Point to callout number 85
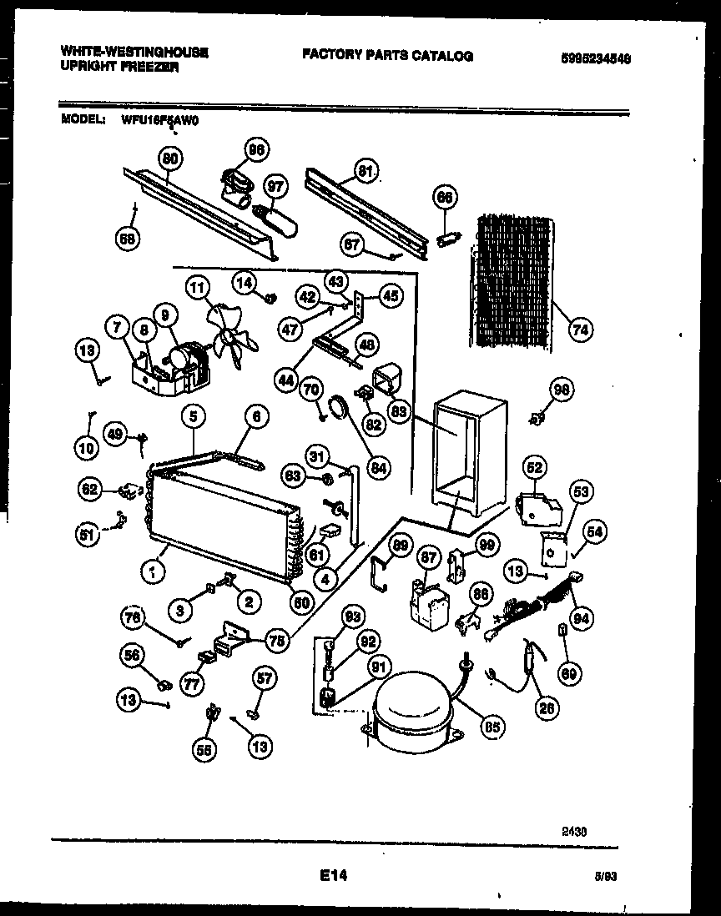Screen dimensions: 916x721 (492, 726)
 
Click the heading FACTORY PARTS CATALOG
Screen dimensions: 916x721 (387, 56)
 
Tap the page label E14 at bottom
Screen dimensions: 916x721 (332, 876)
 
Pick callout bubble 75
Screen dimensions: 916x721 (275, 641)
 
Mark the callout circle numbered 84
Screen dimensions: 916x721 (380, 468)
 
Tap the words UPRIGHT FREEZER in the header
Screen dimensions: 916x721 (118, 67)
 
